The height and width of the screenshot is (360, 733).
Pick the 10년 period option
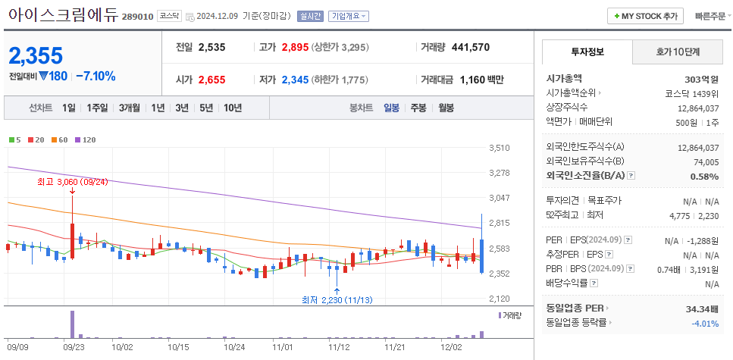[233, 108]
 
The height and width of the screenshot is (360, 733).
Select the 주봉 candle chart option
[418, 108]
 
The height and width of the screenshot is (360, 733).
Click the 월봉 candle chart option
[446, 108]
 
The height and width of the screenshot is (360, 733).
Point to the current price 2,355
[36, 55]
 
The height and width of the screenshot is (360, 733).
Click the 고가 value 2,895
[295, 47]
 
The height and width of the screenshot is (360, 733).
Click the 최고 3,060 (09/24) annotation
[73, 182]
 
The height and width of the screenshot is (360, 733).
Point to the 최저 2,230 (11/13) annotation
[337, 300]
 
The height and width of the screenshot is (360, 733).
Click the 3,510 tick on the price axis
[499, 148]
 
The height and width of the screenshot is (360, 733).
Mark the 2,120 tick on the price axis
[499, 299]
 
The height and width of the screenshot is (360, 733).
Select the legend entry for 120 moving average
[85, 139]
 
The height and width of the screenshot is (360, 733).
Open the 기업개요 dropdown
[349, 16]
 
